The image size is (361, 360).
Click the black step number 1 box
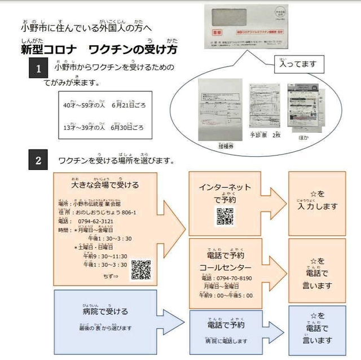[x=38, y=69]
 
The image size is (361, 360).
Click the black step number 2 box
[x=38, y=160]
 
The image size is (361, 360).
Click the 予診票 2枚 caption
[x=265, y=135]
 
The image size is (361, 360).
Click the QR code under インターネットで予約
[x=225, y=216]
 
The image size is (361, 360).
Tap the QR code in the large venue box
[x=141, y=270]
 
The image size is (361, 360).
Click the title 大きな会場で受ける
[x=105, y=185]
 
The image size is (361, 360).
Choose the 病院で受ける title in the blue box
[x=105, y=311]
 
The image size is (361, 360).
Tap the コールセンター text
[x=225, y=267]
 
